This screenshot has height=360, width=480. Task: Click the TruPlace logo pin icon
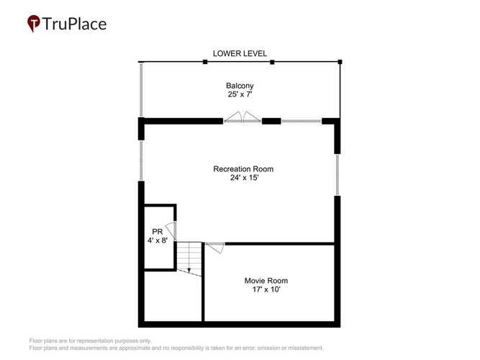33,23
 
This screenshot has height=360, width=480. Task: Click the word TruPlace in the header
74,24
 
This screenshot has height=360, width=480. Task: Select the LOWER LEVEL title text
240,53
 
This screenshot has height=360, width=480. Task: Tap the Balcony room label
240,86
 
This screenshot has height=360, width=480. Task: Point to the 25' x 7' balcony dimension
240,94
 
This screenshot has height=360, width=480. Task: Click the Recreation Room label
243,169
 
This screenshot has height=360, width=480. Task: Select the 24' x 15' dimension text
244,178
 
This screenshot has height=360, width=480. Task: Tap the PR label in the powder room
158,232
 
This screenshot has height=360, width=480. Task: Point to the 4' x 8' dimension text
158,240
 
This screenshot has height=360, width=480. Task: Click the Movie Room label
266,281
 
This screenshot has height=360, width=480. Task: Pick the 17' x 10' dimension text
266,289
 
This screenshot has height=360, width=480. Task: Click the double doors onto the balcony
242,117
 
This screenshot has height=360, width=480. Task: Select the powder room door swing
171,230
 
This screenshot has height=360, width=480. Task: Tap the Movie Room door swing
215,248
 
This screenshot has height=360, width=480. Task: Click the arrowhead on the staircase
189,270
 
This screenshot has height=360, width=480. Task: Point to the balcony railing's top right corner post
340,62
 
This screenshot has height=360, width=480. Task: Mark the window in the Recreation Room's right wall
337,175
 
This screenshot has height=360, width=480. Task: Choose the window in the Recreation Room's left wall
141,161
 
